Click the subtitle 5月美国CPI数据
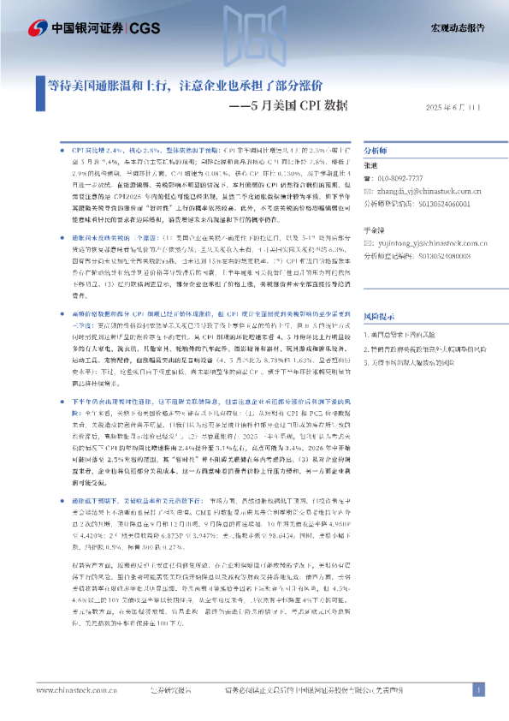tap(292, 106)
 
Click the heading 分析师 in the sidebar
tap(376, 149)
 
